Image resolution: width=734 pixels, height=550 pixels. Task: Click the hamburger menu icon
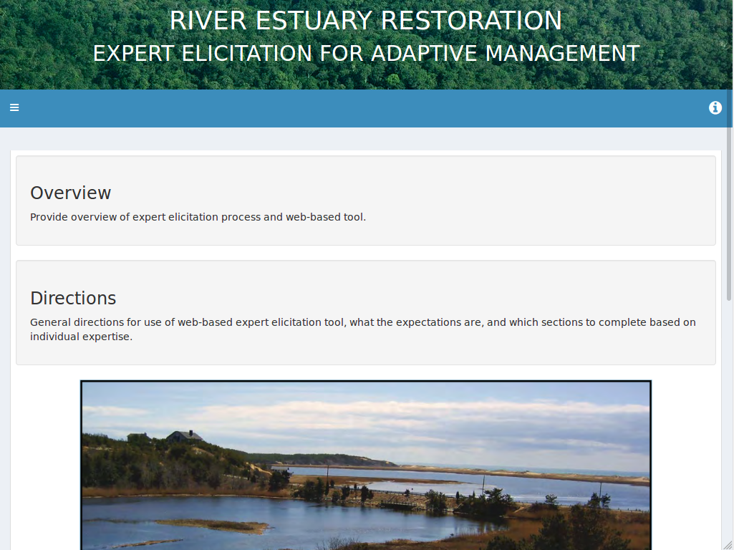(x=14, y=107)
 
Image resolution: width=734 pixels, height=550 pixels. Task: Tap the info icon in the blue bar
(x=715, y=107)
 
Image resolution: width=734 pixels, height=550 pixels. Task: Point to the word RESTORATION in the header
(x=471, y=21)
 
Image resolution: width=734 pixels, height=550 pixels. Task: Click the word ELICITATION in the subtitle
(x=246, y=54)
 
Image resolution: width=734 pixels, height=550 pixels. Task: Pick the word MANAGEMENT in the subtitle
(x=562, y=54)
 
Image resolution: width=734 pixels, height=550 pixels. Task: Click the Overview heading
(x=71, y=193)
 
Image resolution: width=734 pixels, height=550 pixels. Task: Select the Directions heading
(x=73, y=298)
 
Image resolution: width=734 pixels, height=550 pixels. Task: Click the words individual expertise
(x=82, y=337)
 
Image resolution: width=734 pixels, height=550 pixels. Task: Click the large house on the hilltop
(x=185, y=436)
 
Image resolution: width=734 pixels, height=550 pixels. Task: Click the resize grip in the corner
(x=728, y=544)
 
